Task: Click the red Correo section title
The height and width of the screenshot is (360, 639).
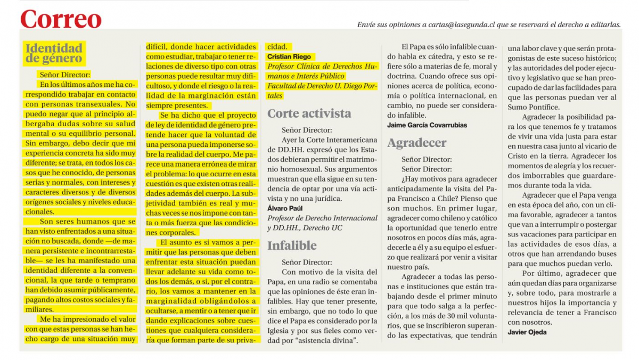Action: tap(61, 20)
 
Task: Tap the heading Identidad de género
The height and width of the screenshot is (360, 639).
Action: tap(54, 53)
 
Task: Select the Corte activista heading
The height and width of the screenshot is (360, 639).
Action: tap(309, 113)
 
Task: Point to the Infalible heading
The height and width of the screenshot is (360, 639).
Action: tap(292, 246)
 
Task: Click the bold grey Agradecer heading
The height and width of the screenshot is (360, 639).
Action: tap(417, 143)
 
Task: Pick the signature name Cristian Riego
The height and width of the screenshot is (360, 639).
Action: tap(289, 57)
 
